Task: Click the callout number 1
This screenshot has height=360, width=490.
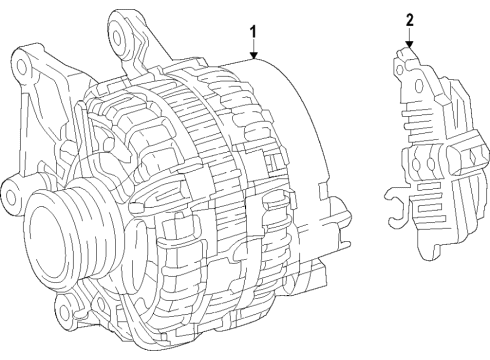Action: [x=254, y=33]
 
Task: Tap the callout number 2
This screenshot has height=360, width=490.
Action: [x=409, y=20]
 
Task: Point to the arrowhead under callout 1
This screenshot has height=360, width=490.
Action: [x=254, y=56]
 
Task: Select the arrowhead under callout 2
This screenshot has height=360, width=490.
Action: [x=409, y=44]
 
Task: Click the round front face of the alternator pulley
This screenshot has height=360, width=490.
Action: [x=46, y=241]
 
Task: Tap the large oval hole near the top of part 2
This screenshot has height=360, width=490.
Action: [x=419, y=86]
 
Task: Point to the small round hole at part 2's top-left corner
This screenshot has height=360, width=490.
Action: [x=400, y=69]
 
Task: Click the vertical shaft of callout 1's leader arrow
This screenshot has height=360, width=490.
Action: [x=254, y=46]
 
